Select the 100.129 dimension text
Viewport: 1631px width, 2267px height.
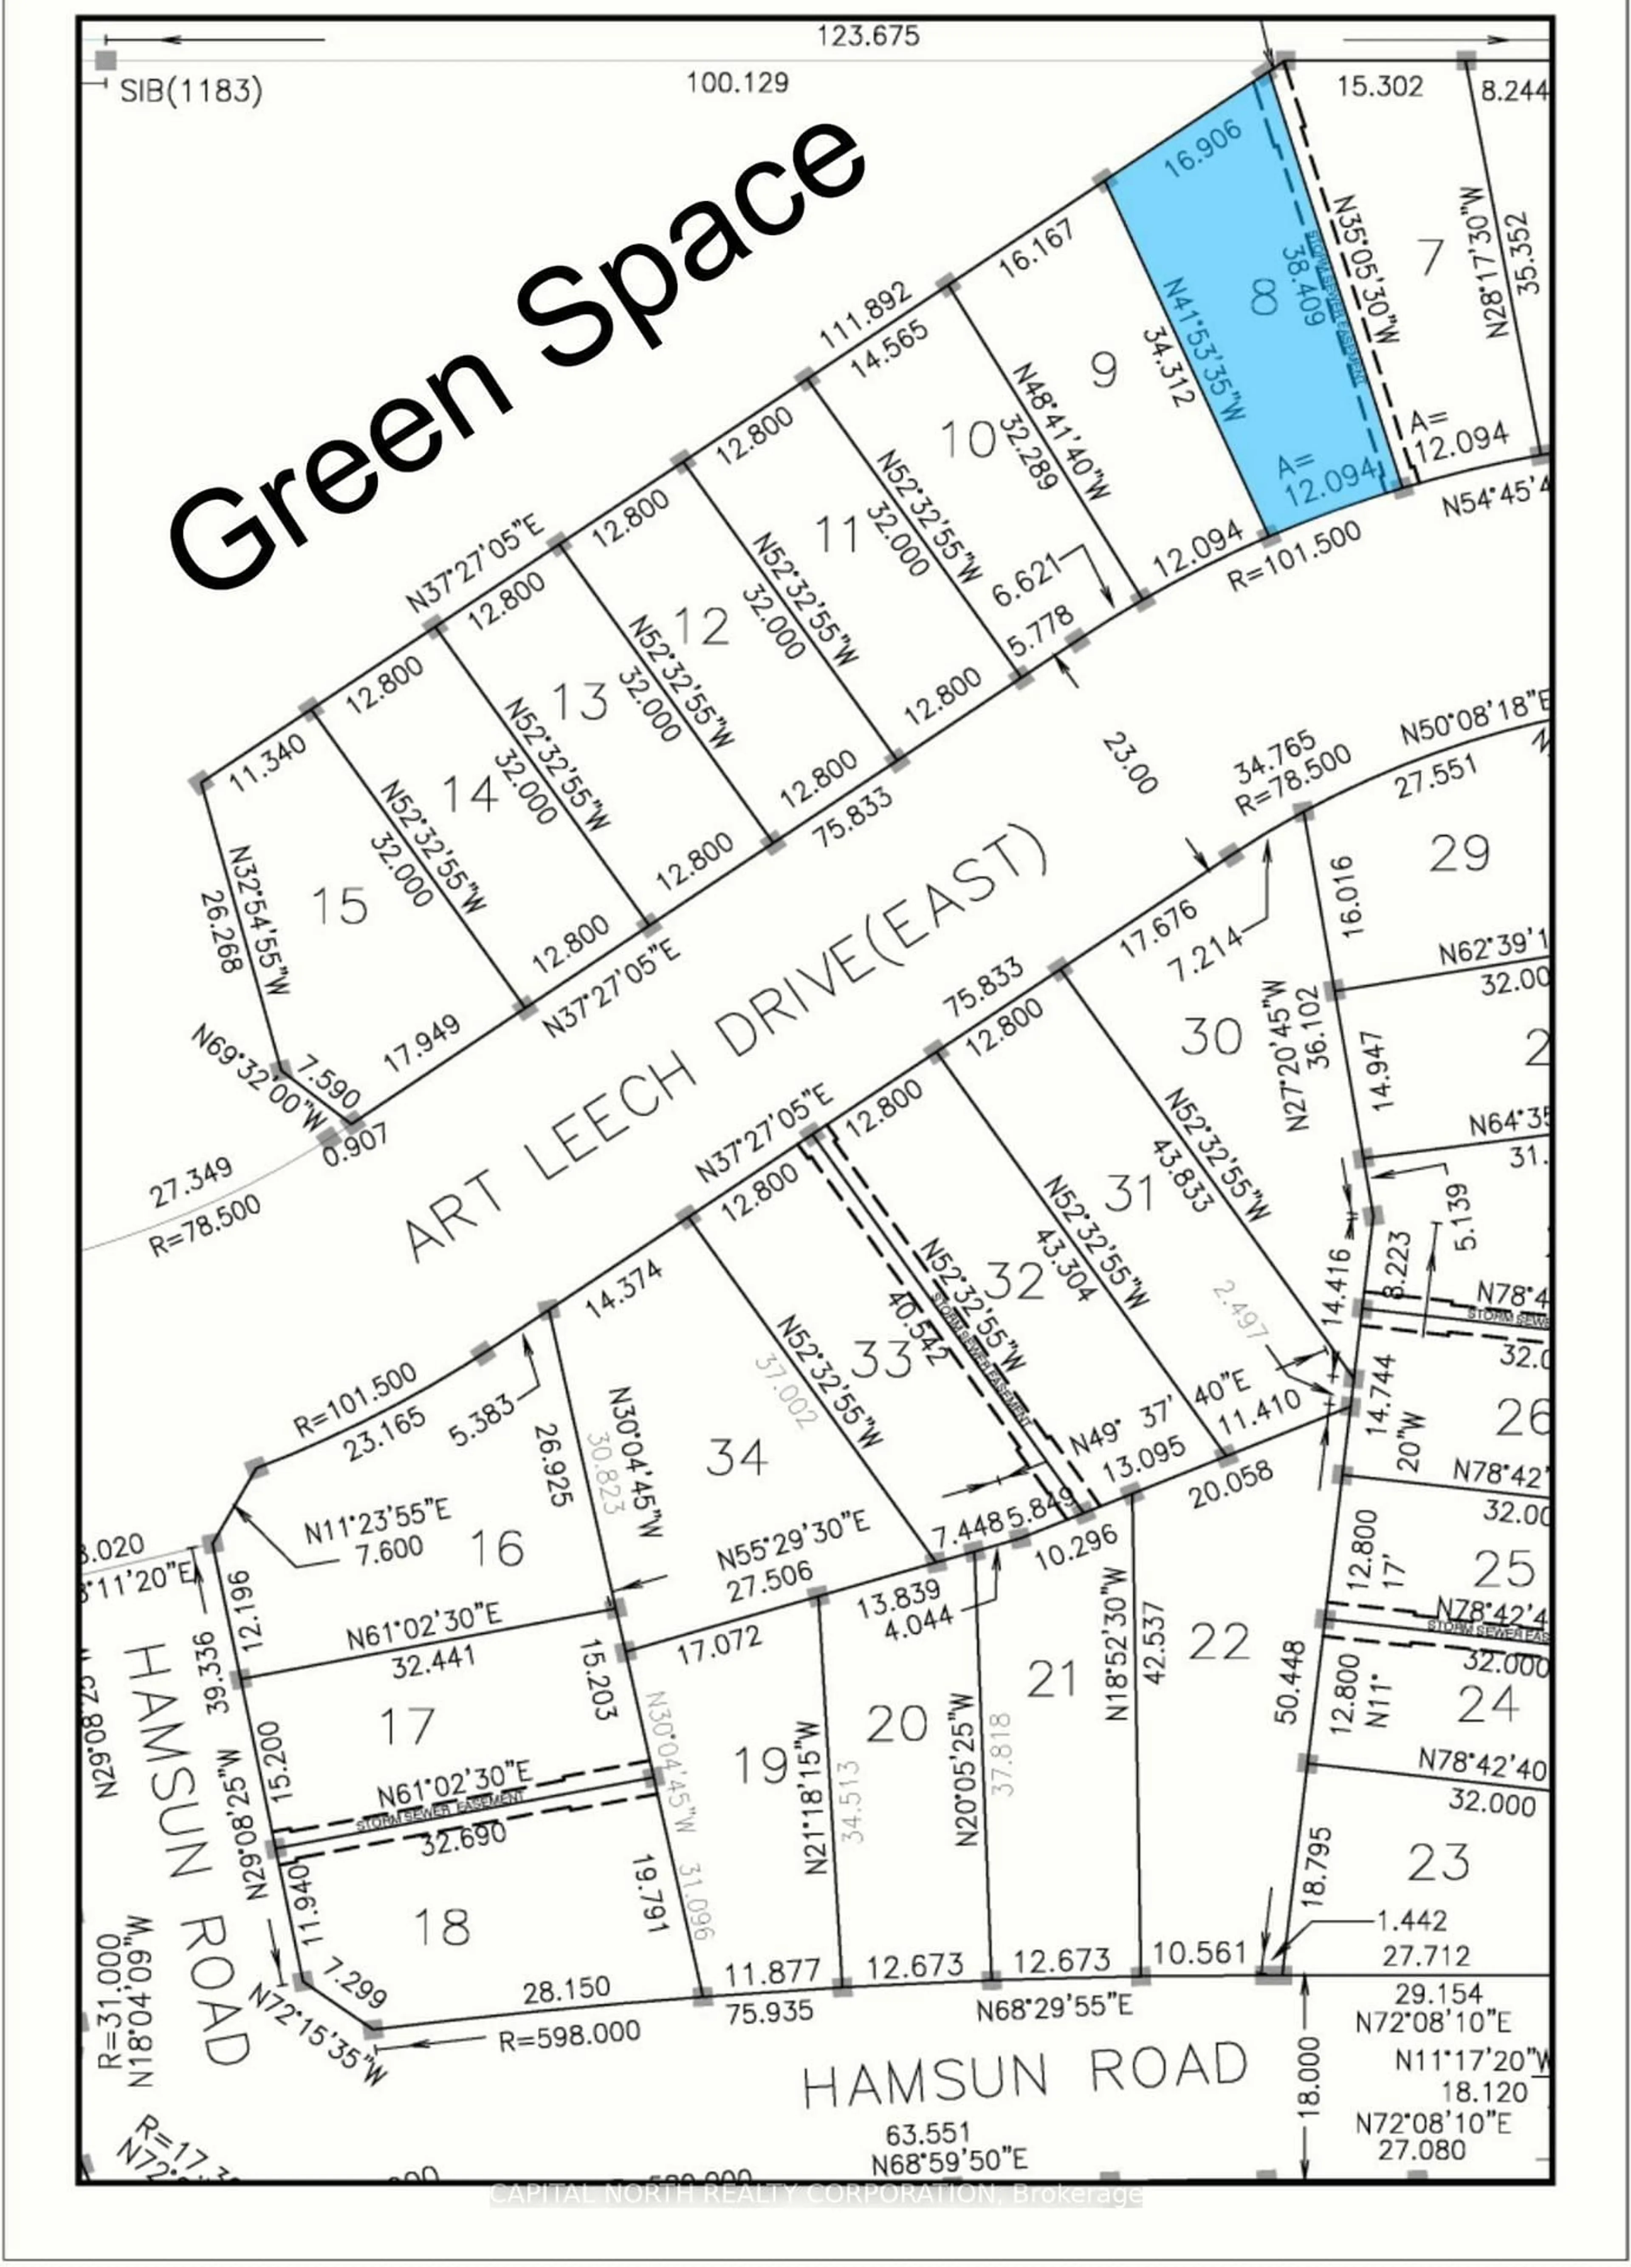click(x=737, y=82)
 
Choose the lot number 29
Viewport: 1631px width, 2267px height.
click(x=1459, y=853)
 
